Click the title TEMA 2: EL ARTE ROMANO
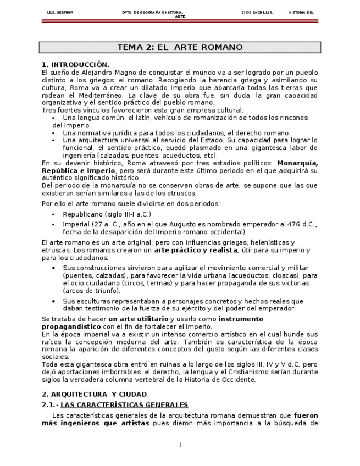point(180,48)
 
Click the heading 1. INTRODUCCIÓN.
point(76,65)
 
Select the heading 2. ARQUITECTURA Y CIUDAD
point(95,395)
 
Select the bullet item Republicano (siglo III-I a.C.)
point(107,214)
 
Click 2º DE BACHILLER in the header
point(257,12)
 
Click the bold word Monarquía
point(297,163)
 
